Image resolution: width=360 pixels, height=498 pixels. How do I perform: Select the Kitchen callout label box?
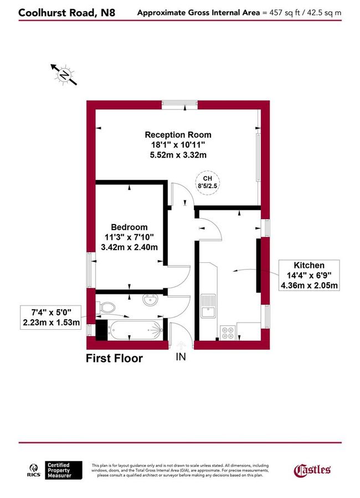pos(310,276)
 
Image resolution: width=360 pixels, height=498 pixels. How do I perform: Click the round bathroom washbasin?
pos(150,301)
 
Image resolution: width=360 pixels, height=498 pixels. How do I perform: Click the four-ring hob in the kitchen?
pos(228,333)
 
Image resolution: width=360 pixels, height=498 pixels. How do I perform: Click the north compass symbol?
pos(65,74)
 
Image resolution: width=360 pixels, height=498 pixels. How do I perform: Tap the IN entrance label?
pos(181,357)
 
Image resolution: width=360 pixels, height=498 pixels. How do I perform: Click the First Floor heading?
pos(114,359)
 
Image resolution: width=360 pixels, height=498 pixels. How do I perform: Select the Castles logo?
pos(312,470)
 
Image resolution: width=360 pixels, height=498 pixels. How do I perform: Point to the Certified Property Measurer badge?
pos(64,470)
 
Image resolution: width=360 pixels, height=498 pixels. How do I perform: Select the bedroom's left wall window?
pos(91,269)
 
